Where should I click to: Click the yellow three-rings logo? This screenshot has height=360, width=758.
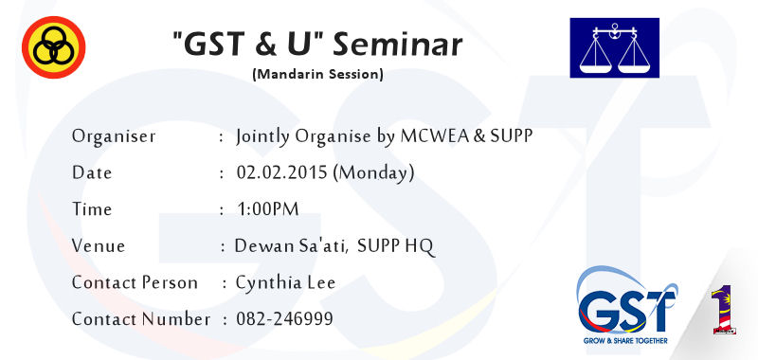coord(54,46)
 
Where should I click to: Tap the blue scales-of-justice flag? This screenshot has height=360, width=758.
coord(614,47)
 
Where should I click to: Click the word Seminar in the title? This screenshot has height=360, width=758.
coord(397,45)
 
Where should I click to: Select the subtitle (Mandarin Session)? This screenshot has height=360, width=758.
coord(317,75)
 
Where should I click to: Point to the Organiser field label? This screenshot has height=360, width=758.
coord(114,136)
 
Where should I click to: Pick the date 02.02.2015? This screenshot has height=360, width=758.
coord(281,173)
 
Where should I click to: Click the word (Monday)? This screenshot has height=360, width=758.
coord(373,173)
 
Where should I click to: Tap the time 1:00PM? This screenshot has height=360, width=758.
coord(268,209)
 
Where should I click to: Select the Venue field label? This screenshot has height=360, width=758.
coord(99,246)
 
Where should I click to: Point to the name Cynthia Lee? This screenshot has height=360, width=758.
coord(285,282)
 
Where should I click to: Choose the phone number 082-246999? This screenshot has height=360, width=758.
coord(284,319)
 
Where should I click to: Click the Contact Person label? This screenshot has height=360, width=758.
coord(135,282)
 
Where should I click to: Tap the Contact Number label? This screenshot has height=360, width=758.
coord(141,319)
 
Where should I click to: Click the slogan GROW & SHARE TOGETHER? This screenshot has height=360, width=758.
coord(625,341)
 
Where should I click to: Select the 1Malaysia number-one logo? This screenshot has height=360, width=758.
coord(724,309)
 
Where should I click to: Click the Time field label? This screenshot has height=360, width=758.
coord(92,209)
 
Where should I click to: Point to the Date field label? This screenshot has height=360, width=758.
coord(92,173)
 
